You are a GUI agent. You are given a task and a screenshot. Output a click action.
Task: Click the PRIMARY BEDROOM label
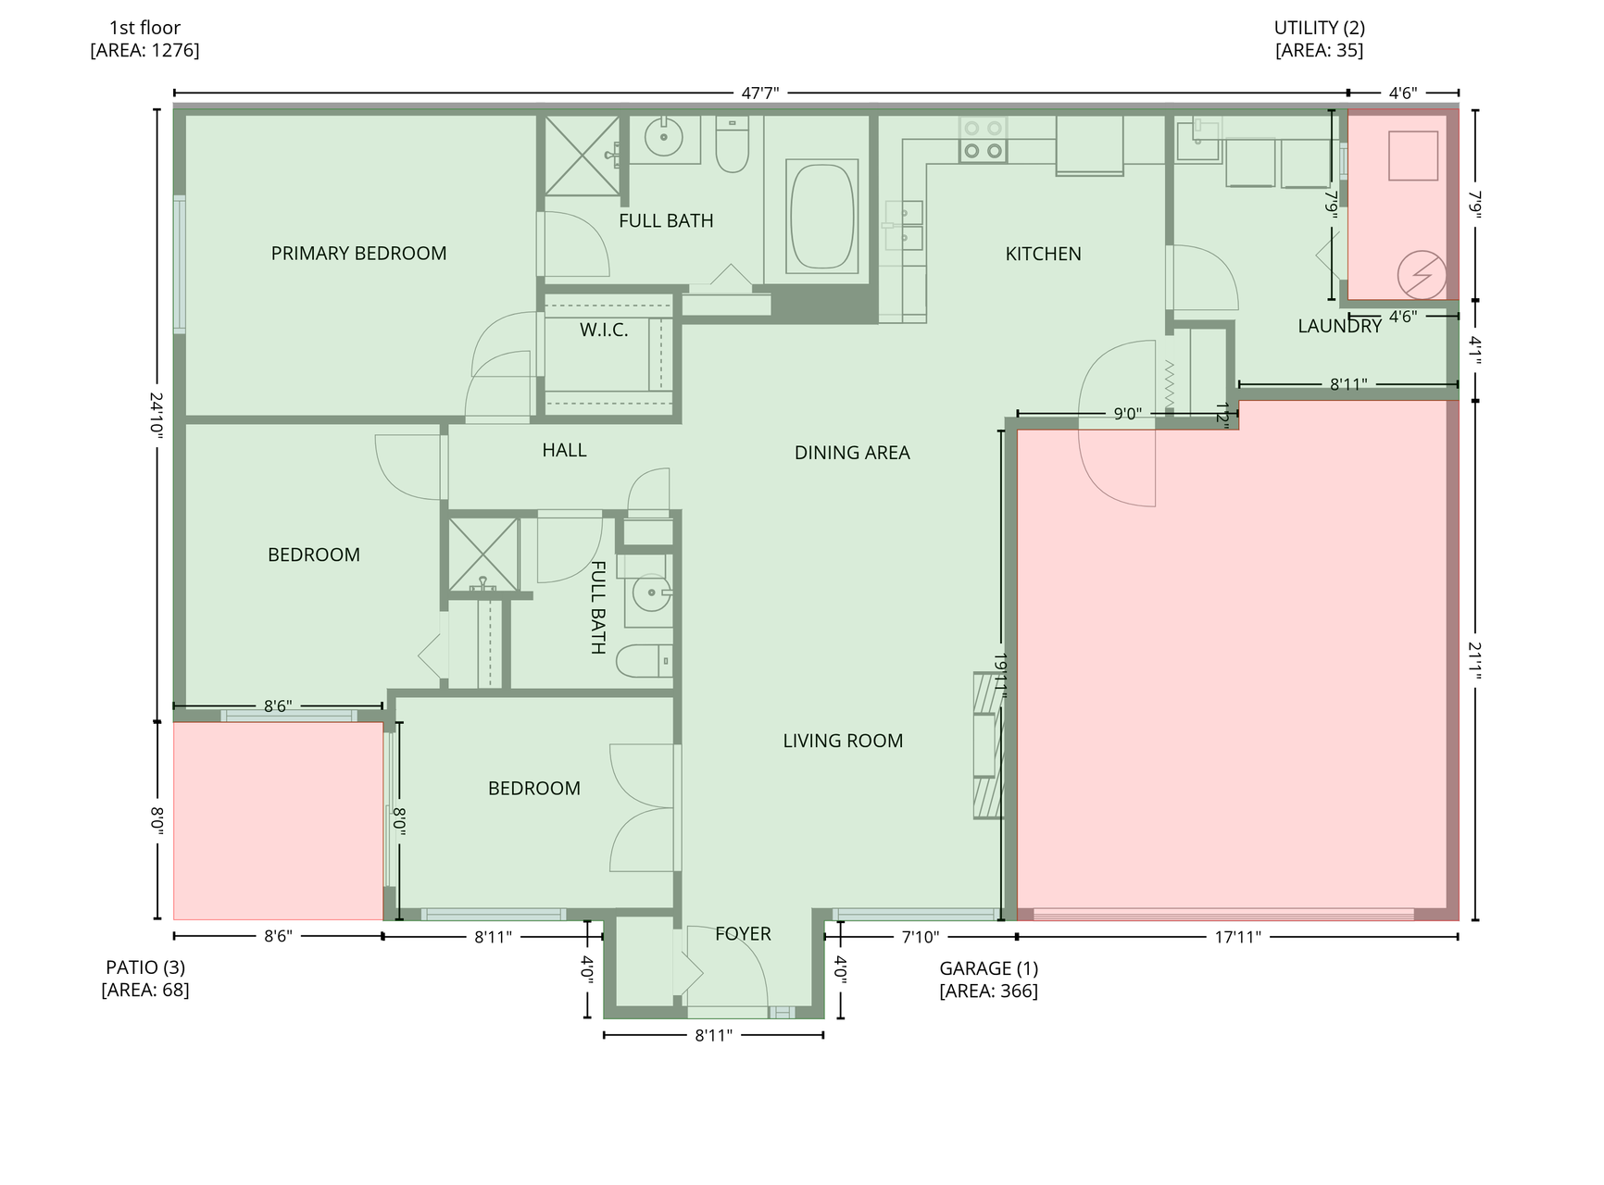358,254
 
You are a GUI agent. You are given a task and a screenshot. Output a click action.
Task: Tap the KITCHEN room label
1043,254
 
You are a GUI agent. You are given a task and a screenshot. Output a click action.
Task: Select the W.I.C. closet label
604,330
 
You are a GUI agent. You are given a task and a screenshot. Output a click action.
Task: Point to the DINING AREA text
852,453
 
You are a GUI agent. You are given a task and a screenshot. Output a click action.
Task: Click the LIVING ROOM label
843,741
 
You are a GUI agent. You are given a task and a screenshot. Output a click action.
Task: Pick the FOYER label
743,934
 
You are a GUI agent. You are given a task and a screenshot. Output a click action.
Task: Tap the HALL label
564,450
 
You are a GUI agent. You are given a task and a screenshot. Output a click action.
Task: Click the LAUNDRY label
1339,326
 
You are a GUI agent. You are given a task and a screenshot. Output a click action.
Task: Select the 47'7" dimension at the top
759,93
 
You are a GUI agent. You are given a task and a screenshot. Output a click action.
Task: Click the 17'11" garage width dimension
1237,937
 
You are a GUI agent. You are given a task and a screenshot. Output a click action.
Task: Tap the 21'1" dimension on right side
1474,660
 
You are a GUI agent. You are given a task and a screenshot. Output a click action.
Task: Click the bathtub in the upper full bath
821,217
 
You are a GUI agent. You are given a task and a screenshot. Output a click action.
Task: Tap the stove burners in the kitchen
983,140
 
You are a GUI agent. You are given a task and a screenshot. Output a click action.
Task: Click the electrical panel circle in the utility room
1422,275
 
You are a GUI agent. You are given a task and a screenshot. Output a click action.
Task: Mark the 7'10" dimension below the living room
920,937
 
